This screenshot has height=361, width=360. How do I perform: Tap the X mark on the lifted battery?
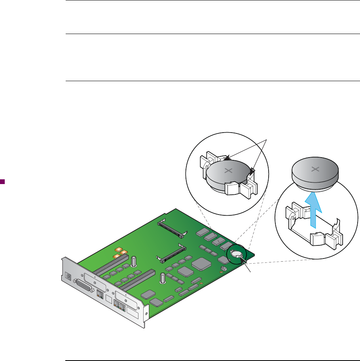pyautogui.click(x=315, y=169)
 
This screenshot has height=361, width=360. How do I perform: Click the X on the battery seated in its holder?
pyautogui.click(x=228, y=171)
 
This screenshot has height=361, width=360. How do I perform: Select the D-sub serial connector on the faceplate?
pyautogui.click(x=83, y=285)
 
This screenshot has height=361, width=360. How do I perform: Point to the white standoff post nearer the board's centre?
pyautogui.click(x=163, y=278)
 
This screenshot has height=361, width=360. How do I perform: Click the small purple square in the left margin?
pyautogui.click(x=2, y=182)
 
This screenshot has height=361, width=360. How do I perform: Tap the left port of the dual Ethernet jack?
pyautogui.click(x=117, y=304)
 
